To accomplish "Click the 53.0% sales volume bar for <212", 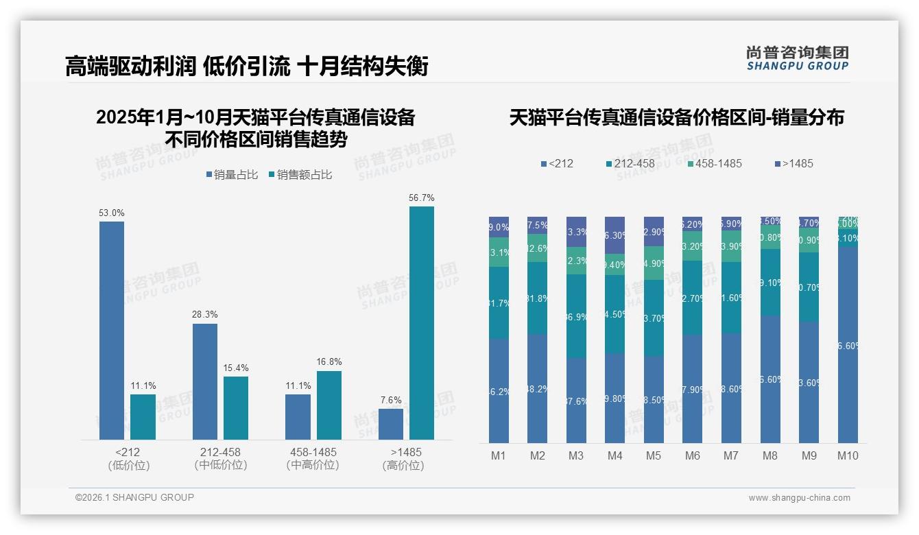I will click(x=112, y=330).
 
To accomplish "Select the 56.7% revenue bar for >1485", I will click(x=422, y=322).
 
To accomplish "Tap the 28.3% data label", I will click(x=205, y=315).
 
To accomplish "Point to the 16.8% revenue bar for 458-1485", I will click(x=329, y=405).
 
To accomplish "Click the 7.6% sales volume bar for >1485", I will click(x=391, y=424).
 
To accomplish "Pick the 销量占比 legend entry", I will click(x=232, y=175).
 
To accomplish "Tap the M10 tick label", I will click(x=848, y=455).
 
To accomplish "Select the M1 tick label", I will click(x=499, y=455).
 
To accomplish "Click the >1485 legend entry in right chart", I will click(x=793, y=163).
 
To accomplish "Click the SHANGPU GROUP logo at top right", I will click(x=797, y=58).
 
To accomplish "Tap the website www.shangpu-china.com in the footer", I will click(x=799, y=498).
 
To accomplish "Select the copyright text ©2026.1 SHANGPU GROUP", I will click(x=134, y=497).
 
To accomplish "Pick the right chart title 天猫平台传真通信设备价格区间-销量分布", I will click(x=676, y=117).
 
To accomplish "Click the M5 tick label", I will click(x=654, y=455).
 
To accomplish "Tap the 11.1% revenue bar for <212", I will click(x=143, y=417).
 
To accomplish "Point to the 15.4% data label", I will click(x=236, y=368).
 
